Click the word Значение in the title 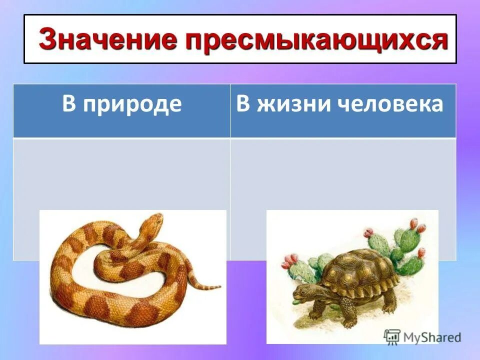108,40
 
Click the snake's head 153,220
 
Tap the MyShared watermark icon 392,336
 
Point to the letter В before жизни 242,104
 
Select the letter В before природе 69,105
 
